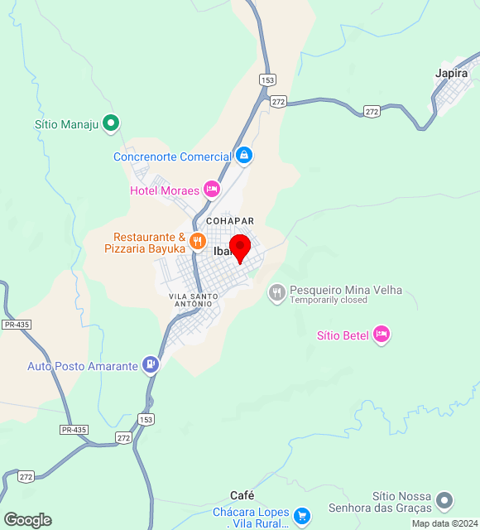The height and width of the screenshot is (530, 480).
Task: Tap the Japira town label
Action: pos(451,73)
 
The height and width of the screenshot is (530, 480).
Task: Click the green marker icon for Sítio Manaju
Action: pos(111,124)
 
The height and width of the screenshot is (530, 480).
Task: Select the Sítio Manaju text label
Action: pos(66,125)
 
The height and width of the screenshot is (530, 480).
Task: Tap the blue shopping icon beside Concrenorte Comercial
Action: pos(243,156)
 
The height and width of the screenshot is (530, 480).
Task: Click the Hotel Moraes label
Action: pos(165,190)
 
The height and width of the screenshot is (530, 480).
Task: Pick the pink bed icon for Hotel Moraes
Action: pos(212,190)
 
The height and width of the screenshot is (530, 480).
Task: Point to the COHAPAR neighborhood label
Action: pos(229,221)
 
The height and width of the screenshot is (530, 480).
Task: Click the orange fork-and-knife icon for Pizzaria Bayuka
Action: pos(197,242)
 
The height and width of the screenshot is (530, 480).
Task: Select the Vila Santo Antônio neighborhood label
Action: pos(193,300)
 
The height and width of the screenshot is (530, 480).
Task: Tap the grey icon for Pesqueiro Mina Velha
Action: pos(276,292)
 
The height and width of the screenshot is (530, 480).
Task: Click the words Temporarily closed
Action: pos(328,301)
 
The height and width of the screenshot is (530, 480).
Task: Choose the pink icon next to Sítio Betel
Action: pos(381,335)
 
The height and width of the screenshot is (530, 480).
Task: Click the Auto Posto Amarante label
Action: pos(82,366)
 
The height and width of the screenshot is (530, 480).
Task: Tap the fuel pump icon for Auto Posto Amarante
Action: pos(150,364)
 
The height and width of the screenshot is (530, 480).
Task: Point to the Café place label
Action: pos(242,495)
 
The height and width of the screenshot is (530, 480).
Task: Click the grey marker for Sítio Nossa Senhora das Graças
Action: pos(445,500)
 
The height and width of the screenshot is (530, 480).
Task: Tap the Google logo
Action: pos(27,520)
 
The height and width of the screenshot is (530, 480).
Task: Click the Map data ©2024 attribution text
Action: pos(444,523)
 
